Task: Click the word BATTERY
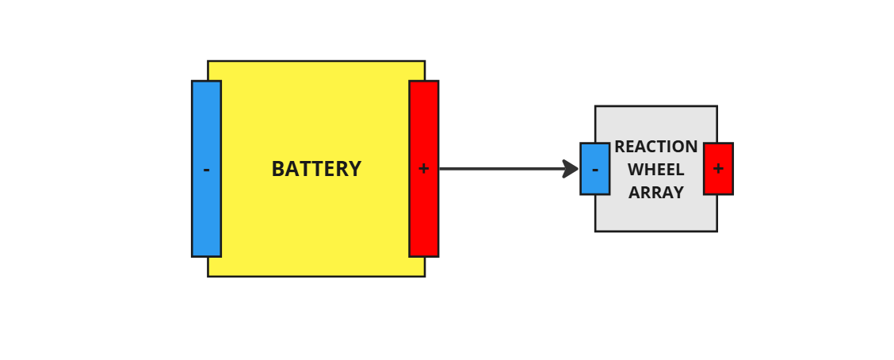(x=316, y=170)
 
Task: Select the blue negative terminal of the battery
(x=206, y=127)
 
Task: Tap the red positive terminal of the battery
(x=424, y=127)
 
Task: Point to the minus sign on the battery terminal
(x=206, y=170)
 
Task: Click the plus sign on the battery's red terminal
(x=424, y=169)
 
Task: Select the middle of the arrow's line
(x=503, y=169)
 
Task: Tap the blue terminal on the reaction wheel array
(x=594, y=155)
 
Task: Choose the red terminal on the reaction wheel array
(x=718, y=155)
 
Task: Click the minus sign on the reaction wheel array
(x=595, y=170)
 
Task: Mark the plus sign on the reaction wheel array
(x=718, y=169)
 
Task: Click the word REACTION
(x=655, y=147)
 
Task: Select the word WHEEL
(x=655, y=170)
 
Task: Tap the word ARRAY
(x=655, y=193)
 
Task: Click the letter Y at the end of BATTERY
(x=356, y=170)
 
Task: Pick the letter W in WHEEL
(x=635, y=170)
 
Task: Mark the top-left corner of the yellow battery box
(x=208, y=62)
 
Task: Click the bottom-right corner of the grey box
(x=716, y=231)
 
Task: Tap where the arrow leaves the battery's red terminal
(x=441, y=169)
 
